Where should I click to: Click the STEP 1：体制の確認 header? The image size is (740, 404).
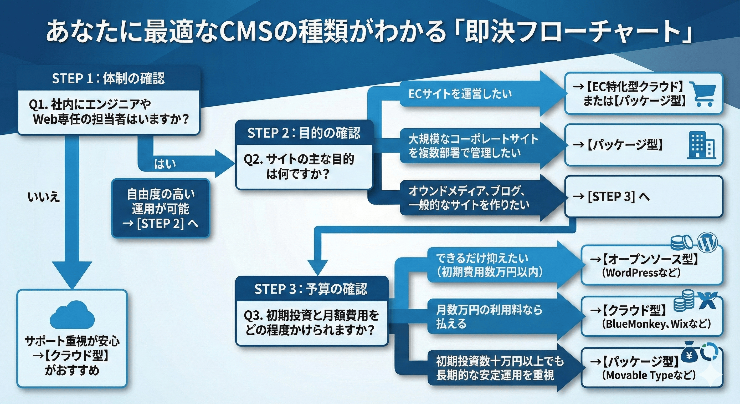pos(108,78)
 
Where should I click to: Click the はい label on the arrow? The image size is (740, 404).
pos(165,164)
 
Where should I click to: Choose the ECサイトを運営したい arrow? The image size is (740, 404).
pos(460,94)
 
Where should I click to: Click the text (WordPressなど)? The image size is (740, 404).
pos(641,272)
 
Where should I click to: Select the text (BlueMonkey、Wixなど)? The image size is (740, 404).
pos(656,324)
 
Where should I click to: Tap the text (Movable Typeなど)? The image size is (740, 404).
pos(649,375)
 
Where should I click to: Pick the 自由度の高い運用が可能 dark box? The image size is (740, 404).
pos(161,209)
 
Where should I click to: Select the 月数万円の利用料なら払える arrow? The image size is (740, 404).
pos(488,317)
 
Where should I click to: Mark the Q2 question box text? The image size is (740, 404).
pos(299,167)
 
